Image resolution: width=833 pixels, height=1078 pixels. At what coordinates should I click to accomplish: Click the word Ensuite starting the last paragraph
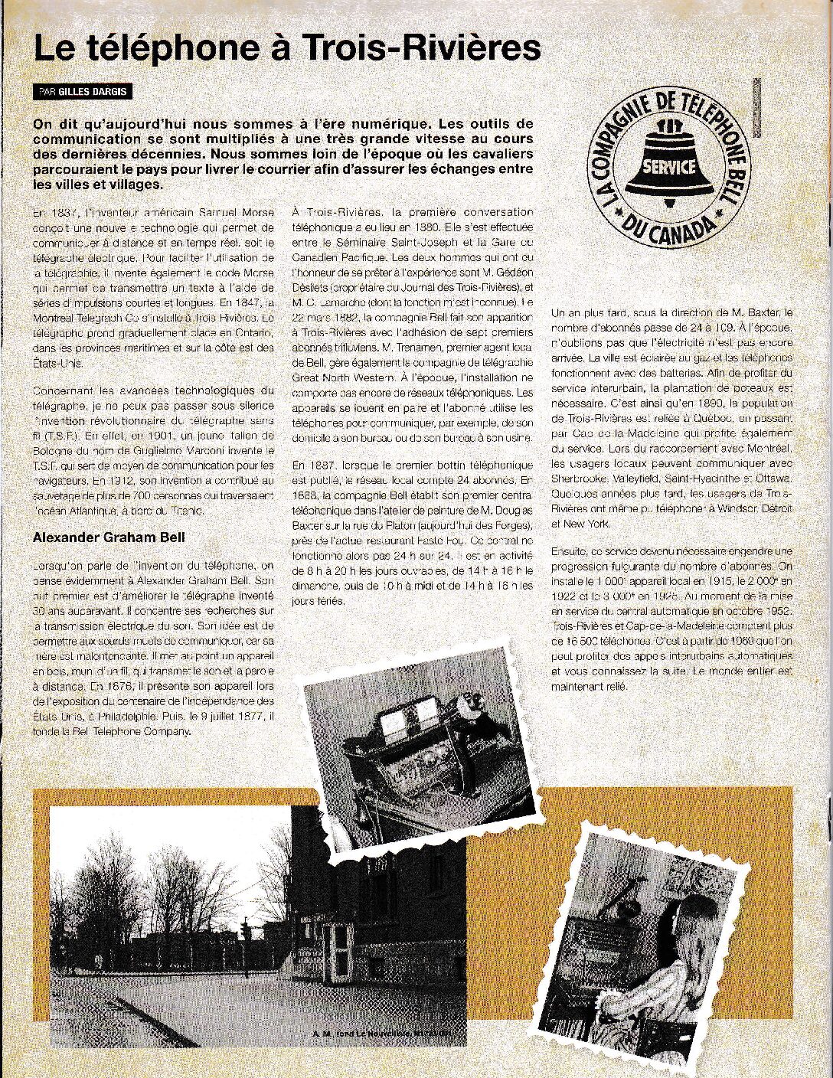[x=570, y=551]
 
